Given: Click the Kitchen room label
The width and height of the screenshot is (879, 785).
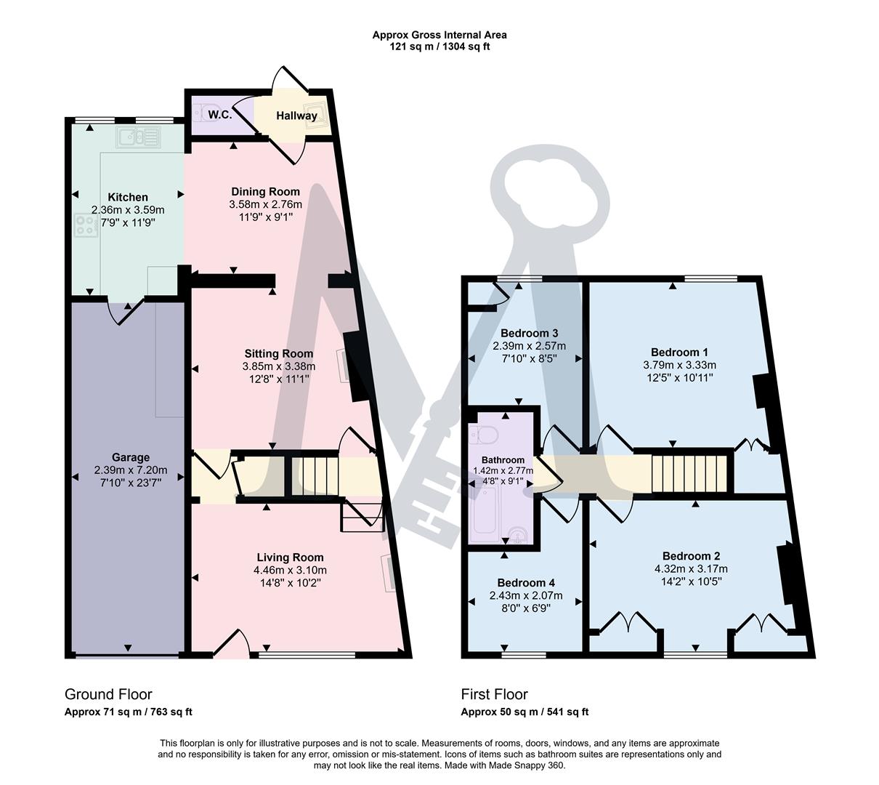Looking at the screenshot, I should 128,197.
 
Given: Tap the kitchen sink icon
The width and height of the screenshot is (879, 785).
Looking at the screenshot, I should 137,136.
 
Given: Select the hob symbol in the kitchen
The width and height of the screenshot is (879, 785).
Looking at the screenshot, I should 84,227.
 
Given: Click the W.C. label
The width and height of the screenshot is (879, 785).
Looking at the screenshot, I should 219,115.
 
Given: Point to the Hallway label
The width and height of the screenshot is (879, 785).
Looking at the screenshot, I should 296,116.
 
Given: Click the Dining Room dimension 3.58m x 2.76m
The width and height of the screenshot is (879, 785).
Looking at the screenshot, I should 265,204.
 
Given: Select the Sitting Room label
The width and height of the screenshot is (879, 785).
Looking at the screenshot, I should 278,354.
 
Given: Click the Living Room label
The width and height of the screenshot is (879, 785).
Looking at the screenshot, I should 289,557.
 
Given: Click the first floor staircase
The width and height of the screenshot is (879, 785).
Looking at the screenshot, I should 689,474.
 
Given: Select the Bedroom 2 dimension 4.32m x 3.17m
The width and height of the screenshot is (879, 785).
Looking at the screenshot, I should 691,568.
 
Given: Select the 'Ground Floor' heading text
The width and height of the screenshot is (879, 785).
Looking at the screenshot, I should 108,694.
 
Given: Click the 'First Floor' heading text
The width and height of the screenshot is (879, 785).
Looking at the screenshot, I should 494,694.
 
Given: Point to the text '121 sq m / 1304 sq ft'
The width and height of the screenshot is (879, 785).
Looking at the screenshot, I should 439,47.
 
